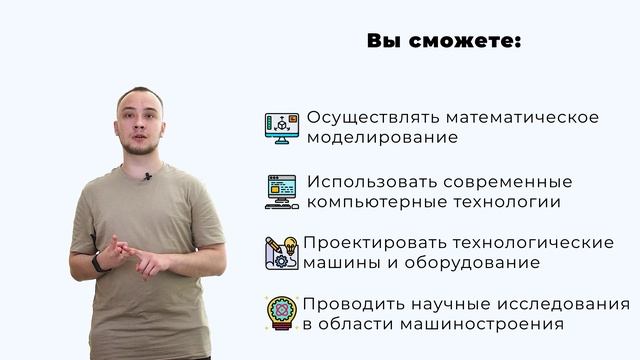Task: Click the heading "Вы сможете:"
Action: pyautogui.click(x=444, y=42)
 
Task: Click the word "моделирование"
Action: pyautogui.click(x=382, y=138)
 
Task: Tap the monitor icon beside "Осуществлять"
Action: pyautogui.click(x=282, y=127)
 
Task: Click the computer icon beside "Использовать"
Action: pyautogui.click(x=282, y=191)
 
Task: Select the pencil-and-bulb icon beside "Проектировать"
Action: pyautogui.click(x=282, y=252)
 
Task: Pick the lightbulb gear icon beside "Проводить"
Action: pyautogui.click(x=282, y=313)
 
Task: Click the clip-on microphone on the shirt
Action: pyautogui.click(x=147, y=177)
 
